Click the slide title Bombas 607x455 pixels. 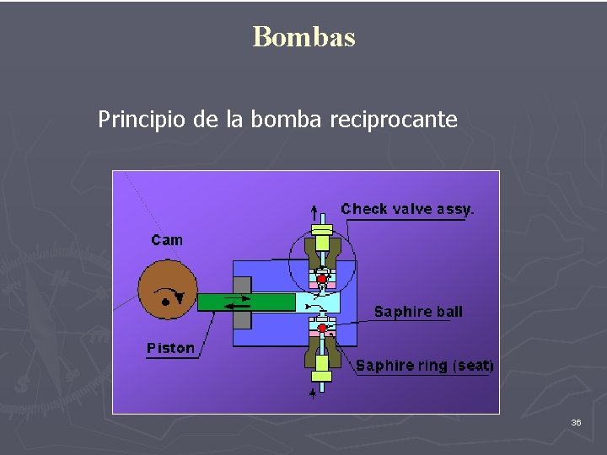303,37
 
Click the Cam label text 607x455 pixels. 167,240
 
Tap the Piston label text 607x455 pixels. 170,348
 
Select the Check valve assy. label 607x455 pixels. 407,209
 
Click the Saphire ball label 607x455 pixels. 418,312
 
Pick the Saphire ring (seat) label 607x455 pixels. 424,365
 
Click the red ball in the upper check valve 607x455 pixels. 322,279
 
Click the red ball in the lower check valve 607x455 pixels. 322,328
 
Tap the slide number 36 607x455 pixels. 576,421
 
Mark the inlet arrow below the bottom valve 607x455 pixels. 314,392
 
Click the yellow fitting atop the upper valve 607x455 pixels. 322,227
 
